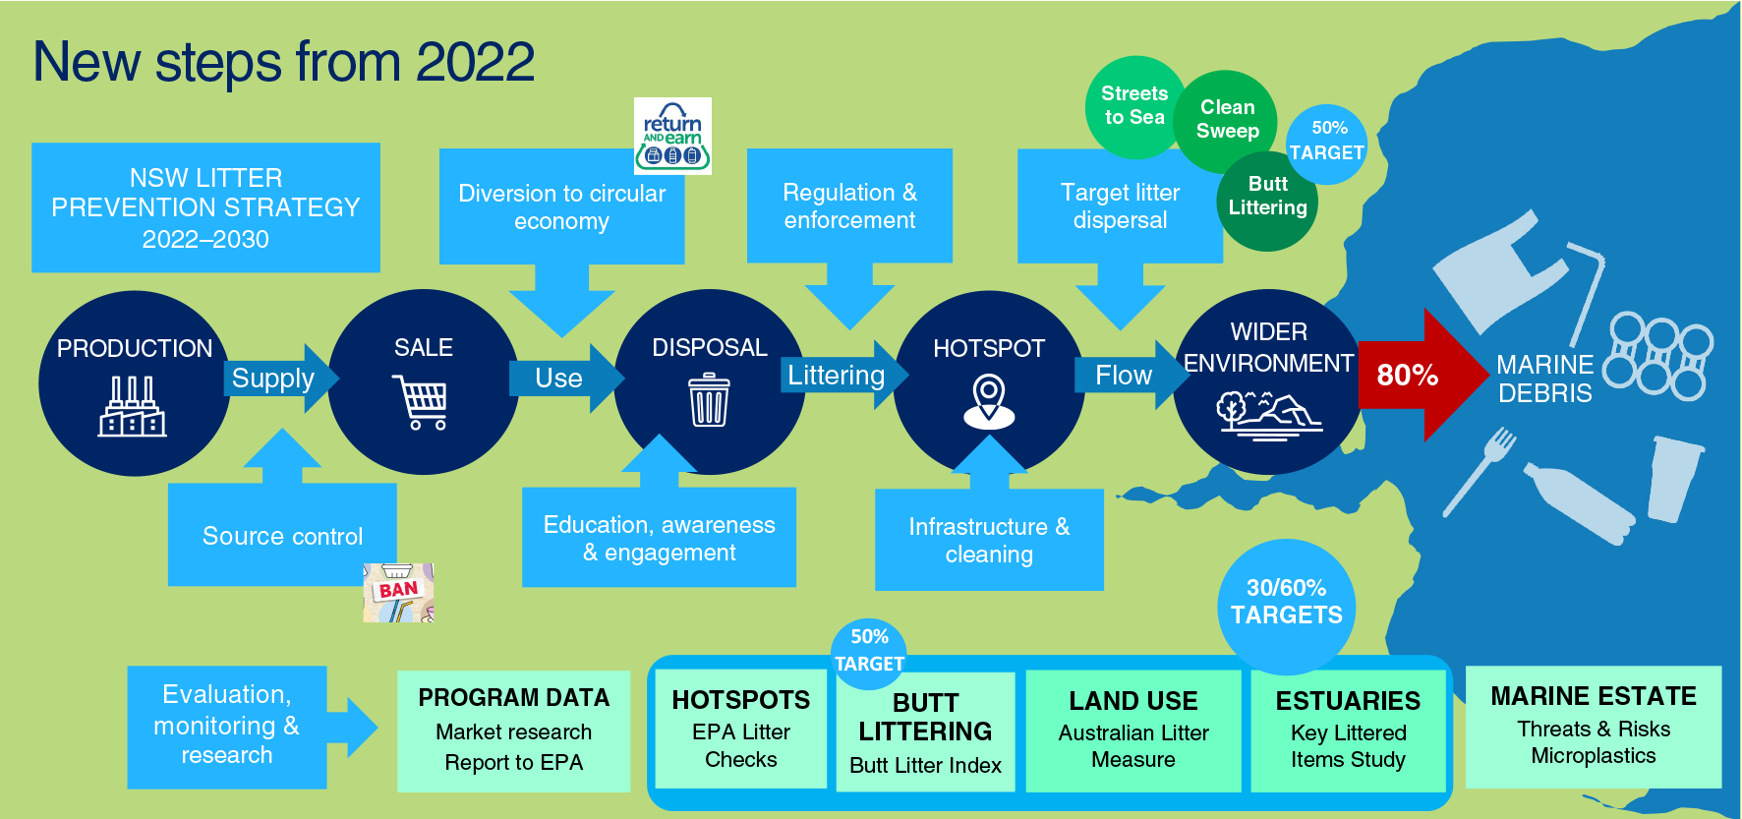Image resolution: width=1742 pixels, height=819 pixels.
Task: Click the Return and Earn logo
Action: [x=672, y=136]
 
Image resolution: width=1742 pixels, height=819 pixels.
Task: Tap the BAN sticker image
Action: [x=398, y=593]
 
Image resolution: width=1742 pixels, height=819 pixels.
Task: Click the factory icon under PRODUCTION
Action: [x=133, y=407]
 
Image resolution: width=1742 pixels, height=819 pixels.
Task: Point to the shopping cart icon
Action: [x=421, y=401]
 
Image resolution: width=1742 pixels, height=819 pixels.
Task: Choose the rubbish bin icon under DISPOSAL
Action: [x=709, y=400]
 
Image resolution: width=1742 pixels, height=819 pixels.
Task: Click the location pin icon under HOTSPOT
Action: [x=989, y=401]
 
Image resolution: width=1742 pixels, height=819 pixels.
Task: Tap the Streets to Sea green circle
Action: [x=1133, y=106]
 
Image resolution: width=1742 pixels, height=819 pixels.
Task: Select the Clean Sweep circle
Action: [x=1227, y=119]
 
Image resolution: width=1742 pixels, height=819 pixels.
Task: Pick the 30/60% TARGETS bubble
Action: [x=1286, y=603]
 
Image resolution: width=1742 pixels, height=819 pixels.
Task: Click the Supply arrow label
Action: [x=273, y=379]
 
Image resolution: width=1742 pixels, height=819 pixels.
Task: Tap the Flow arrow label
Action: [x=1124, y=375]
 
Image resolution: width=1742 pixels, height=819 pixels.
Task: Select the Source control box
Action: [x=282, y=536]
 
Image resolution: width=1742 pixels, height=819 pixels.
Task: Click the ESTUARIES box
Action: [x=1348, y=731]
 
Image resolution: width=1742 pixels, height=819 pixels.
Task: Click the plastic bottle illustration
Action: [x=1580, y=502]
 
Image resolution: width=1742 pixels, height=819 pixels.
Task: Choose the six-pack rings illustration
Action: [x=1658, y=355]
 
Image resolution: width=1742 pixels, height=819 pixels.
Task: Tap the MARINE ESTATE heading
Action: [x=1593, y=696]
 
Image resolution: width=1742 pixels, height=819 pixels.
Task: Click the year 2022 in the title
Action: [x=475, y=62]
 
